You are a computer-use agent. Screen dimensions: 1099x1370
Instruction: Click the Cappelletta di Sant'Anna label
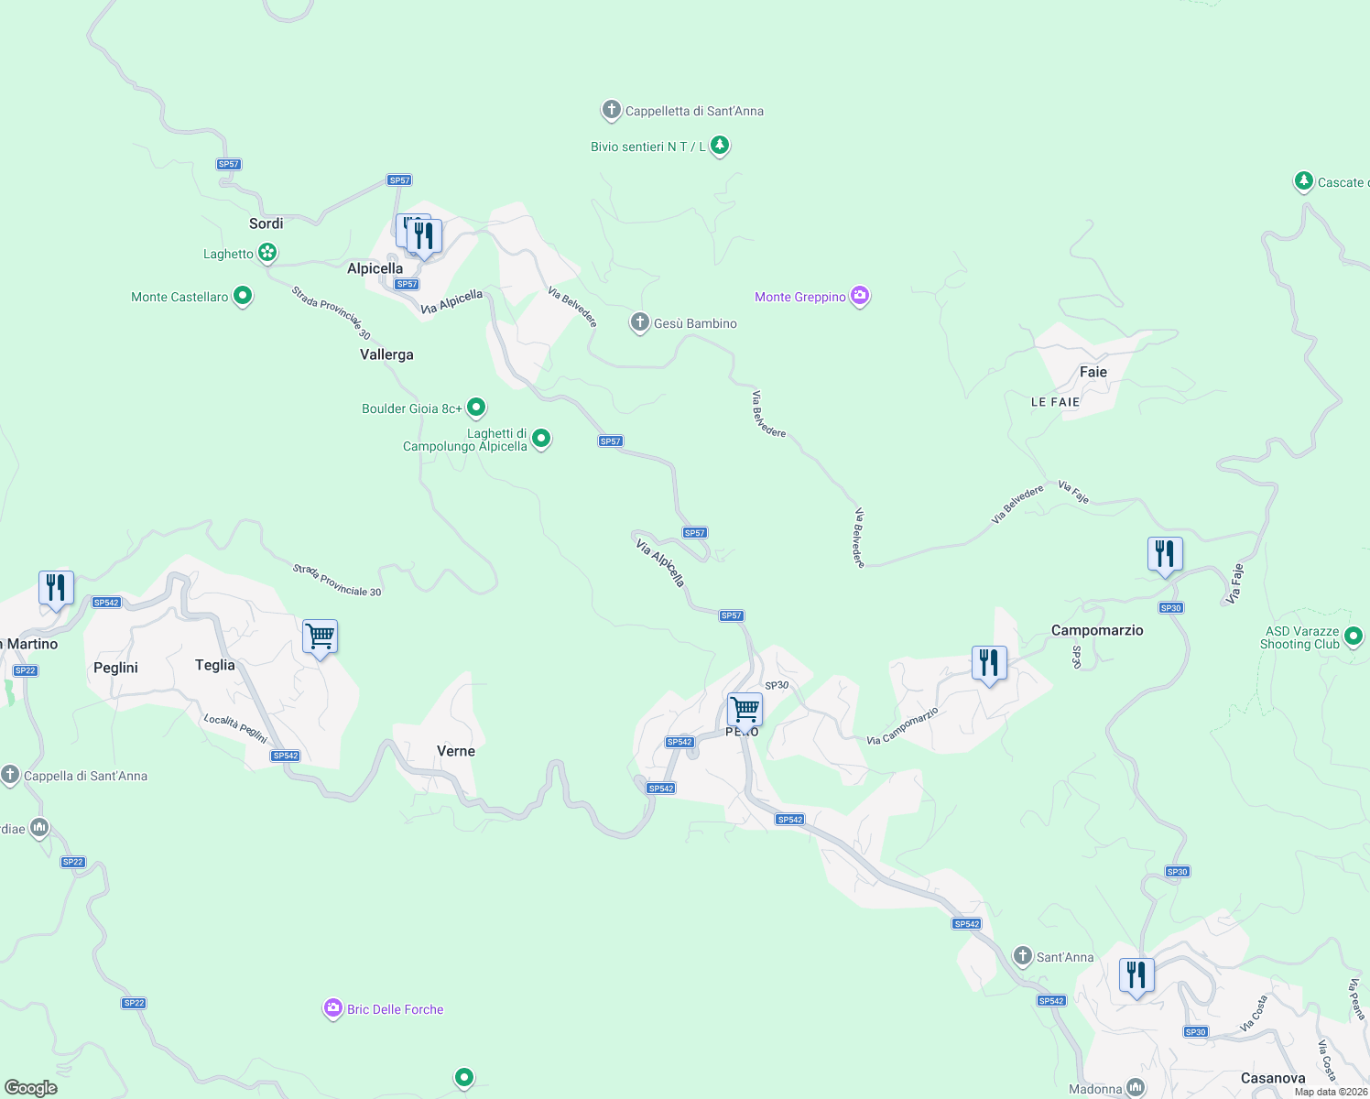pyautogui.click(x=693, y=112)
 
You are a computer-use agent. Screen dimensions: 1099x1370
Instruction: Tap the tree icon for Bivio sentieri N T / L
pyautogui.click(x=720, y=145)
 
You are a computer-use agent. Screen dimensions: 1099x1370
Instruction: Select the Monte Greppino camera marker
pyautogui.click(x=859, y=296)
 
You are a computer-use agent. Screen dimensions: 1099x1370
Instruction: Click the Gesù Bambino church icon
pyautogui.click(x=640, y=322)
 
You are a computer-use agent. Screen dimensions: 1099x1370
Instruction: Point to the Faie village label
pyautogui.click(x=1093, y=372)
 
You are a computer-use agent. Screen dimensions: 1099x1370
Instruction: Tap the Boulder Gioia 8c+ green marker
pyautogui.click(x=475, y=407)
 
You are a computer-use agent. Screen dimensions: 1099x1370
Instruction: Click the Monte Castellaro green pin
pyautogui.click(x=243, y=296)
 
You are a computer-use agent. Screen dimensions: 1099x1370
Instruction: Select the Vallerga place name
pyautogui.click(x=386, y=354)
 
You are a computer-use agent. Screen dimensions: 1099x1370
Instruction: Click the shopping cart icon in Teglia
pyautogui.click(x=320, y=636)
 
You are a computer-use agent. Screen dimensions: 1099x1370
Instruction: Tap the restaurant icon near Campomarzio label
pyautogui.click(x=989, y=661)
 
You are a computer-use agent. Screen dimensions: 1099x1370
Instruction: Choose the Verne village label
pyautogui.click(x=456, y=751)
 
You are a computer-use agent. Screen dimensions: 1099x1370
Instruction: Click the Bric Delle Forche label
pyautogui.click(x=395, y=1009)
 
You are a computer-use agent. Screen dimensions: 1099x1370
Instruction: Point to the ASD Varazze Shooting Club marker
pyautogui.click(x=1354, y=635)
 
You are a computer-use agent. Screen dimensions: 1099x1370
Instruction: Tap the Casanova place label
pyautogui.click(x=1272, y=1078)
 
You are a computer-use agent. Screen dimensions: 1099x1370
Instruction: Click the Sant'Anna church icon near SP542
pyautogui.click(x=1023, y=956)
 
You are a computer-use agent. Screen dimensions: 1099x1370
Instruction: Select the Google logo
pyautogui.click(x=31, y=1087)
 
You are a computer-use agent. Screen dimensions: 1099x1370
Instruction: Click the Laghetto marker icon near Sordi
pyautogui.click(x=266, y=252)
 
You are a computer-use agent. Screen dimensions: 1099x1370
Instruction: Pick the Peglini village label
pyautogui.click(x=115, y=668)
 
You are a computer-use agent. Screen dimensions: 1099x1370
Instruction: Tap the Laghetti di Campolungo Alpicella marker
pyautogui.click(x=541, y=439)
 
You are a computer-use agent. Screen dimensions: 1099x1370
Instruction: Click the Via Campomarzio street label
pyautogui.click(x=903, y=726)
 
